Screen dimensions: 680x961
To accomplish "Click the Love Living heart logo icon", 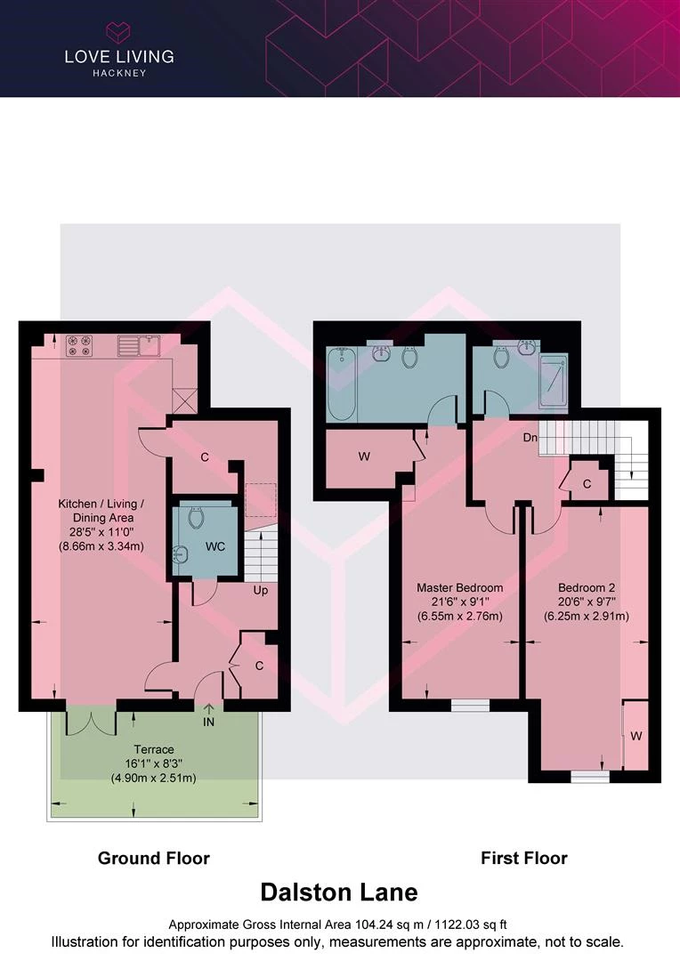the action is click(x=117, y=32).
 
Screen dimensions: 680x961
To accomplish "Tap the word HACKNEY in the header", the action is click(x=119, y=73).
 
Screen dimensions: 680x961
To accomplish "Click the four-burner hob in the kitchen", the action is click(x=79, y=345).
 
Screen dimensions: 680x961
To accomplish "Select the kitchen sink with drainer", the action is click(x=139, y=345).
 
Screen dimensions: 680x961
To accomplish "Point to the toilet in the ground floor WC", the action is click(x=196, y=517).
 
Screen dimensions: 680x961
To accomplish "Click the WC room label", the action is click(x=215, y=546).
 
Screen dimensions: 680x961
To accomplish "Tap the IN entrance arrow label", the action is click(x=208, y=722).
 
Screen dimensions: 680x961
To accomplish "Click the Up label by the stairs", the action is click(x=261, y=591).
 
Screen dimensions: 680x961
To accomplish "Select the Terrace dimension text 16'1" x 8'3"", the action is click(x=154, y=763).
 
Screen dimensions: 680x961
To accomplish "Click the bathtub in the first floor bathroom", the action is click(x=342, y=384).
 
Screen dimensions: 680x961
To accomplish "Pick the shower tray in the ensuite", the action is click(x=554, y=381).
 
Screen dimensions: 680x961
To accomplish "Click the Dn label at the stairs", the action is click(x=530, y=438).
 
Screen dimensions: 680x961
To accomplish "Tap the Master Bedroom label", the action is click(x=460, y=588).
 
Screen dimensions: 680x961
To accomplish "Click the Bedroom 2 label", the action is click(x=587, y=588).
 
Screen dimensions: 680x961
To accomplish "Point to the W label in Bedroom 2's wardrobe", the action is click(x=636, y=736).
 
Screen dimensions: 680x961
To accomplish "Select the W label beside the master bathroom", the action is click(x=364, y=456).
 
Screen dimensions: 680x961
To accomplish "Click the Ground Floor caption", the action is click(x=154, y=858).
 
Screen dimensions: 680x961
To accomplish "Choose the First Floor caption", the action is click(x=524, y=858).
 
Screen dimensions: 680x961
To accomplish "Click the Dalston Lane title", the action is click(x=339, y=892).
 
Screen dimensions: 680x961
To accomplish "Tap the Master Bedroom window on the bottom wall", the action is click(x=470, y=706).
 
